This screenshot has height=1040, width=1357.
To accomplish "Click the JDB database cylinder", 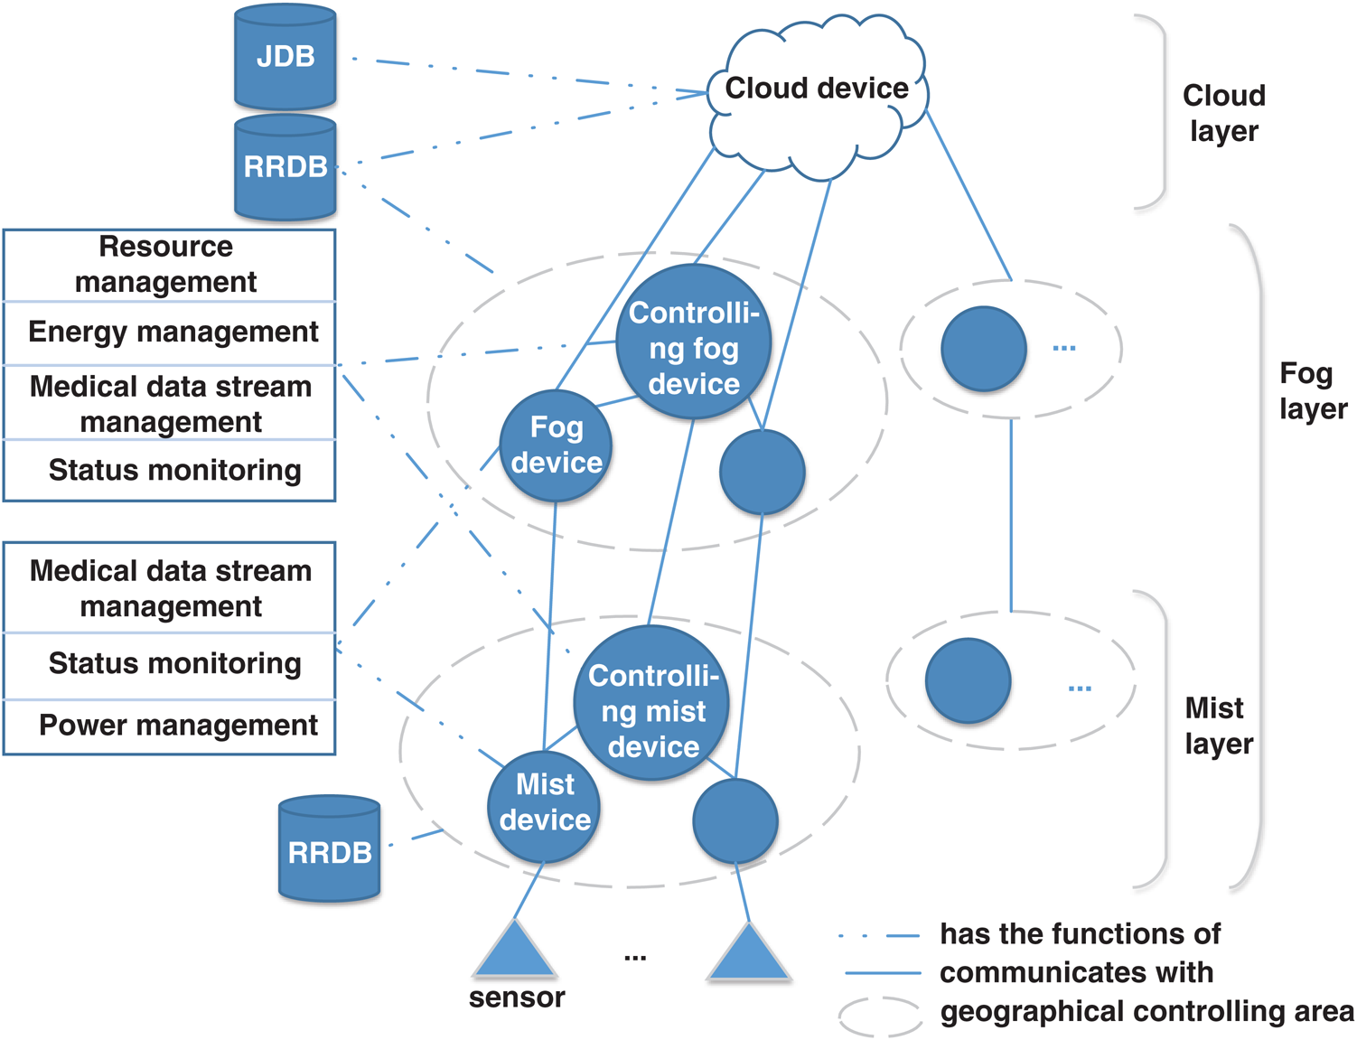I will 285,57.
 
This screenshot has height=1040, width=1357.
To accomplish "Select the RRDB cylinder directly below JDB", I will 285,167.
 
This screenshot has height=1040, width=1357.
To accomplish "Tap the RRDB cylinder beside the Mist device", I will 329,850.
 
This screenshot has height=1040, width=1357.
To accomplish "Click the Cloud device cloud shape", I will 817,90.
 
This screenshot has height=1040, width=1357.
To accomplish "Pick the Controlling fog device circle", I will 693,343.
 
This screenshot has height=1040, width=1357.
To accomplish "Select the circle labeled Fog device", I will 556,445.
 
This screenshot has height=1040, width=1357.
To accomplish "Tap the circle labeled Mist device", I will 544,802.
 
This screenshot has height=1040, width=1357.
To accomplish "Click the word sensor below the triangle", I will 517,998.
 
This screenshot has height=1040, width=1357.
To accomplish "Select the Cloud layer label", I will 1223,113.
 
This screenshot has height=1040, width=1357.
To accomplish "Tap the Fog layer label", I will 1312,391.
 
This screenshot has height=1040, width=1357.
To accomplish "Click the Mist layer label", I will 1218,726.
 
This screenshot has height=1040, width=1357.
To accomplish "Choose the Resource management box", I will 169,265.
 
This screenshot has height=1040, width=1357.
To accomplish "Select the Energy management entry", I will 173,333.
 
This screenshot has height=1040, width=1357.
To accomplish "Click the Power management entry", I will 178,726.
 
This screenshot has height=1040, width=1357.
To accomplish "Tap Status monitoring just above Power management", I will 174,664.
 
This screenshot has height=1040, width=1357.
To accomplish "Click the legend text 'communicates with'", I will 1076,973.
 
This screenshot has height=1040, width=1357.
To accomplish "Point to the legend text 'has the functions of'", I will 1080,934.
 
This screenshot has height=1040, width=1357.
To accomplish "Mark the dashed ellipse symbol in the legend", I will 880,1016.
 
